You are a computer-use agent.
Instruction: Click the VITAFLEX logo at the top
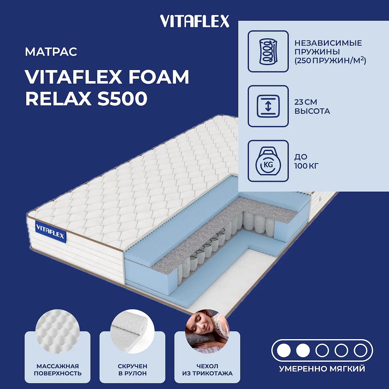click(194, 21)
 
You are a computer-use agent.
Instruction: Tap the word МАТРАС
click(51, 52)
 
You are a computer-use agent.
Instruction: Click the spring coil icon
click(268, 51)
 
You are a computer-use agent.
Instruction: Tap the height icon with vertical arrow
click(268, 106)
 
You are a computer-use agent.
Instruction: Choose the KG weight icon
click(268, 161)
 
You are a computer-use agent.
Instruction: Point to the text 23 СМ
click(306, 102)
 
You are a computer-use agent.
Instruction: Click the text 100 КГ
click(306, 166)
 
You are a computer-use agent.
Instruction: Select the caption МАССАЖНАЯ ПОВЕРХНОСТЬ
click(58, 370)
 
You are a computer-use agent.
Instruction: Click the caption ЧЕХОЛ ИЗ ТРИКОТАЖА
click(207, 370)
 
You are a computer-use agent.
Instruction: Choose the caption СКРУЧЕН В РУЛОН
click(133, 370)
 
